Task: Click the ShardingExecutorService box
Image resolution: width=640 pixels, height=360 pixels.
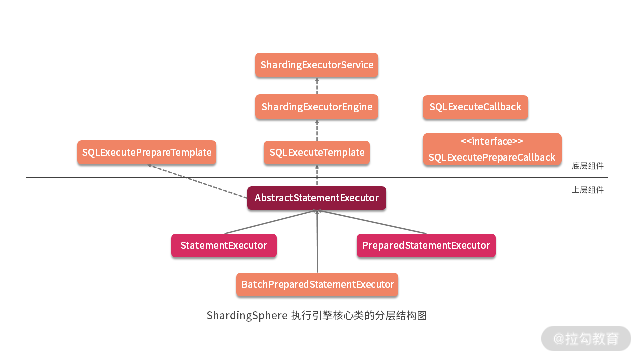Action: tap(317, 65)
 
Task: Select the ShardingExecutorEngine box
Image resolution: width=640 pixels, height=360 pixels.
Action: tap(317, 107)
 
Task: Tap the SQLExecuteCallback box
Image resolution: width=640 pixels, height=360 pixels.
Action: tap(475, 107)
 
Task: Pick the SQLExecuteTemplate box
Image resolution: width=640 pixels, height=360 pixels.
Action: tap(317, 152)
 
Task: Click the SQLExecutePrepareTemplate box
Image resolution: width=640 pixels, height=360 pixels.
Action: tap(147, 152)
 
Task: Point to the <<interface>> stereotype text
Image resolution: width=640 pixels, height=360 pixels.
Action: tap(492, 141)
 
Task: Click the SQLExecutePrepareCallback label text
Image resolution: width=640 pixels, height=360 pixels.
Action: tap(492, 158)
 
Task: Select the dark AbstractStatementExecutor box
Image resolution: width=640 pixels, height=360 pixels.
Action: tap(317, 198)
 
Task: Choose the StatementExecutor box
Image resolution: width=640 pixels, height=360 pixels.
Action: tap(224, 245)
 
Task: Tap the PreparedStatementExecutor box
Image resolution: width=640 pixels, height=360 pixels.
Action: tap(426, 245)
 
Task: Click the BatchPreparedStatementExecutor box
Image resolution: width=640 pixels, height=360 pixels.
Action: tap(317, 284)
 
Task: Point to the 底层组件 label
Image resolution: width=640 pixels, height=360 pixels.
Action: tap(587, 166)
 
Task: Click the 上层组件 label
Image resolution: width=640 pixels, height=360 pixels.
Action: tap(587, 190)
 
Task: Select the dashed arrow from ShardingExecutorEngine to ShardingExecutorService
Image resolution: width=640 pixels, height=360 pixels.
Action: tap(317, 86)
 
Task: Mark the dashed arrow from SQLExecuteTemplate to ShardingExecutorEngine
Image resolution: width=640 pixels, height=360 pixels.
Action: tap(317, 131)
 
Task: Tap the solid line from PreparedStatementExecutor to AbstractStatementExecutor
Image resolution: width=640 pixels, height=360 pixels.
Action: tap(372, 222)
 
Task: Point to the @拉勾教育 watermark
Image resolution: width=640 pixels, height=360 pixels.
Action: tap(586, 338)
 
